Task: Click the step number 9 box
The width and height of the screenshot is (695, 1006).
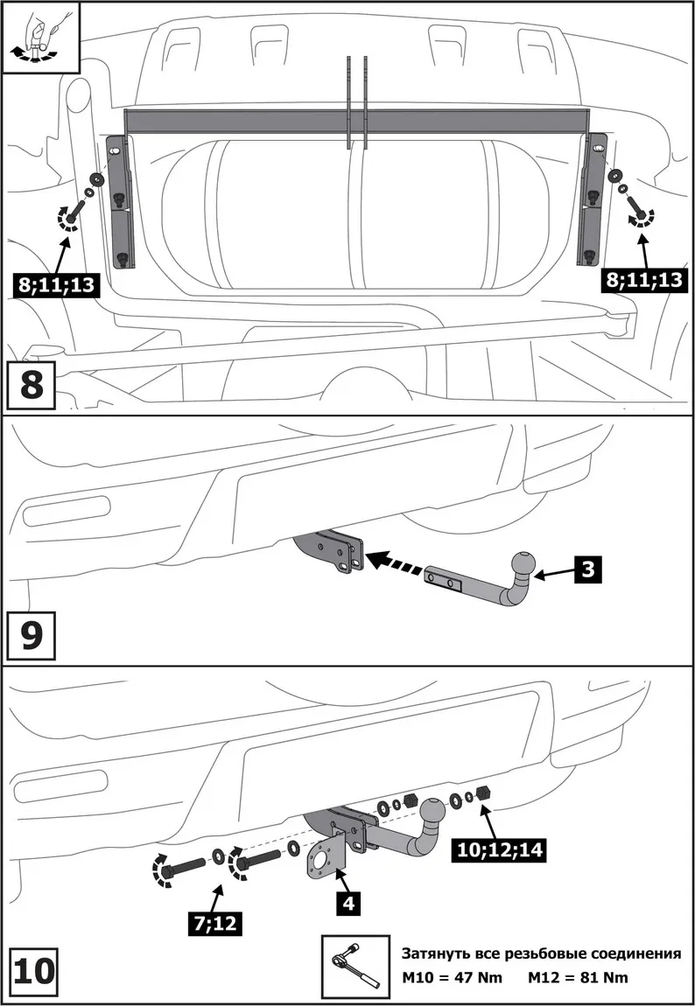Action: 32,636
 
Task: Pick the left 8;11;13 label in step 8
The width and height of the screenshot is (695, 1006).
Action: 55,283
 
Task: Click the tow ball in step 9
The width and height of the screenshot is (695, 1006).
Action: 523,564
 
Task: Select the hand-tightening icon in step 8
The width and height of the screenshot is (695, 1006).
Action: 40,32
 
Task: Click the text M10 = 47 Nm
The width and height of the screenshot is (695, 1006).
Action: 452,977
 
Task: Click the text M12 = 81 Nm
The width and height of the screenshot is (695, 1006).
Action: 578,977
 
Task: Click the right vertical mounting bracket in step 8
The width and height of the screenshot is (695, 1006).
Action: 596,201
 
